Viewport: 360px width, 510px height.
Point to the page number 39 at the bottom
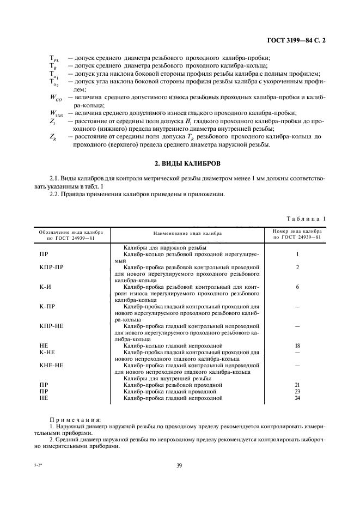point(179,465)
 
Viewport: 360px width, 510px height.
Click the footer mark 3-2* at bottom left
point(39,465)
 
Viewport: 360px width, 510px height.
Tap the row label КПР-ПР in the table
point(52,268)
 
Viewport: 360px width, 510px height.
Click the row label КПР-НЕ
point(52,326)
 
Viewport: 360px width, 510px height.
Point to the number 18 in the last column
point(297,345)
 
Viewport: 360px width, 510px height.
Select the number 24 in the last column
point(297,398)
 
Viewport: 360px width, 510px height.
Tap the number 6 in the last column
point(297,287)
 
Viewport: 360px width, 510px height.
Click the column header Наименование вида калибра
point(187,233)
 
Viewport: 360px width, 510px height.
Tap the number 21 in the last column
point(297,385)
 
